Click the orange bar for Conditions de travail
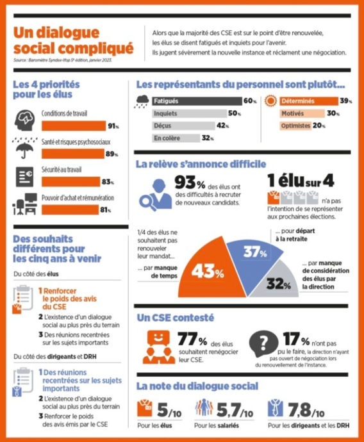tap(74, 126)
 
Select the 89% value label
tap(112, 154)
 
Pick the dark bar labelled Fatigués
tap(197, 101)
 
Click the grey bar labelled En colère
tap(176, 138)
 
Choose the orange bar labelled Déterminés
tap(309, 101)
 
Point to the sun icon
tap(270, 101)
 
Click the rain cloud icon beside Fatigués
tap(142, 101)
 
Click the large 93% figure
tap(190, 183)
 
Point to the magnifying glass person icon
tap(155, 195)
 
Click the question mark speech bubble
tap(263, 344)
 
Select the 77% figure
tap(192, 339)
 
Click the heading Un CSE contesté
tap(176, 318)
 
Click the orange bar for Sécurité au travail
tap(70, 182)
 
